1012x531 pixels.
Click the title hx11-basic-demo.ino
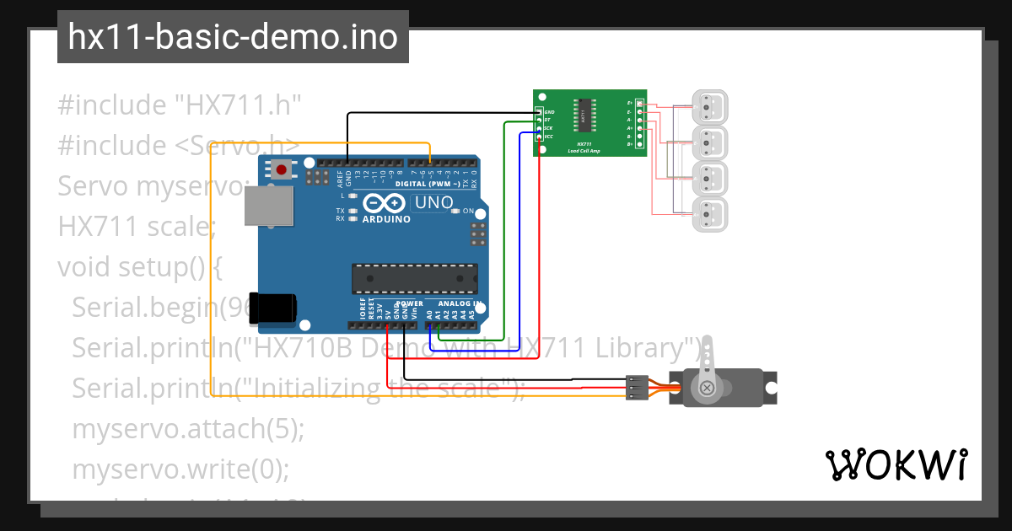pos(233,37)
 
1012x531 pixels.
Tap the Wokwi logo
pos(896,464)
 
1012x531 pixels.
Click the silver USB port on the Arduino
pos(268,206)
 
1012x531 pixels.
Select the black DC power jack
pos(277,307)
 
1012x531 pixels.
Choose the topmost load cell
pos(712,107)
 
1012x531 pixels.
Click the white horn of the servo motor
pos(707,371)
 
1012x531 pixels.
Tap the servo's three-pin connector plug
pos(637,387)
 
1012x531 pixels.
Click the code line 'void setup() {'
pos(139,267)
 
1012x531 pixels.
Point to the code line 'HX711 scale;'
pos(137,227)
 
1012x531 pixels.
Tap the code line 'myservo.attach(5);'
pos(187,429)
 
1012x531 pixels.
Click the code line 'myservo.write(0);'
pos(180,469)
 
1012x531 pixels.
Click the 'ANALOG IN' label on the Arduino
pos(459,303)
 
